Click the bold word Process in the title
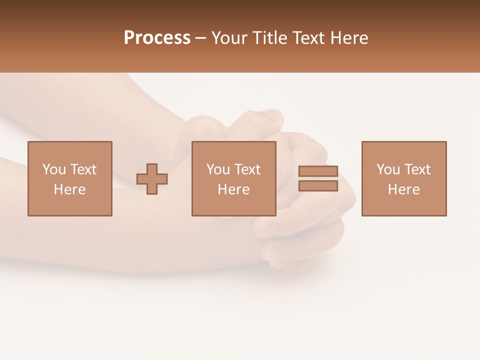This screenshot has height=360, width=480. pos(157,38)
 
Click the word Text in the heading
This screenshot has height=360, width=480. pos(309,38)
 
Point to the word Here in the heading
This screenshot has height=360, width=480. pos(349,38)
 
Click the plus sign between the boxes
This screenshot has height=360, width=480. pos(152,179)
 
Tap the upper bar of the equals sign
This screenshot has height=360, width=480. pos(318,171)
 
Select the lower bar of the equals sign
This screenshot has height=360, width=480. pos(318,186)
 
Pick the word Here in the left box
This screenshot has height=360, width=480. pos(69,189)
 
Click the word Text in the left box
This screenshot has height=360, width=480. pos(83,169)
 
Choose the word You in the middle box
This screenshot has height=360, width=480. pos(218,169)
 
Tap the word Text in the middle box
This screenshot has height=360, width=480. pos(247,169)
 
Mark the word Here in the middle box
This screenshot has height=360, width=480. pos(233,189)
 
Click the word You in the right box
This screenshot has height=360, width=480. pos(388,169)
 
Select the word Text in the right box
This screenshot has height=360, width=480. pos(417,169)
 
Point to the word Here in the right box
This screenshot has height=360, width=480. pos(403,189)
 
